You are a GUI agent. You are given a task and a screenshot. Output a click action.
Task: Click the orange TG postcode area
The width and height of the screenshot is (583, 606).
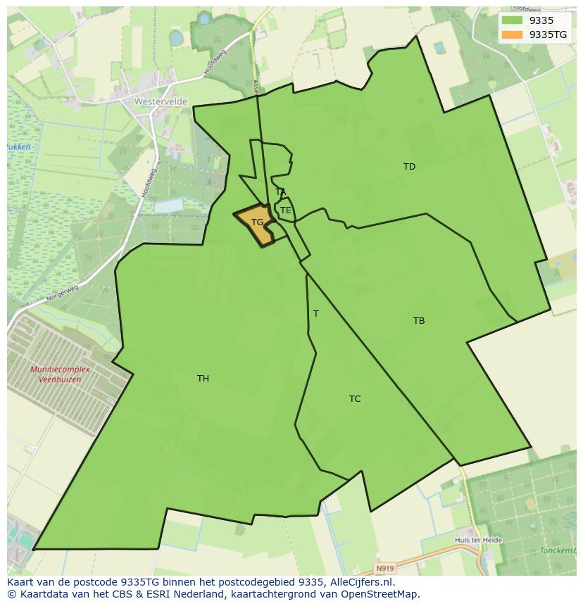[x=254, y=225]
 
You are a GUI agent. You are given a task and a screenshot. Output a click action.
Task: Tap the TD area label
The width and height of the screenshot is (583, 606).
[x=409, y=167]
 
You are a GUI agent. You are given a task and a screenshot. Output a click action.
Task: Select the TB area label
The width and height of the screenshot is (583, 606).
[x=419, y=321]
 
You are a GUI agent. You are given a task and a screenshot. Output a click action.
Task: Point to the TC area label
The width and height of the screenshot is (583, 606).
[x=355, y=399]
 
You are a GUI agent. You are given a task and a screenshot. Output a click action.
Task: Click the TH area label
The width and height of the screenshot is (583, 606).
[x=203, y=379]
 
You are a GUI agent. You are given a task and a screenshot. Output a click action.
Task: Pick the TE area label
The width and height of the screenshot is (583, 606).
[x=286, y=210]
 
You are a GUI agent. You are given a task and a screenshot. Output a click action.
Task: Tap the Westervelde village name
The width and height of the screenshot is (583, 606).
[x=161, y=101]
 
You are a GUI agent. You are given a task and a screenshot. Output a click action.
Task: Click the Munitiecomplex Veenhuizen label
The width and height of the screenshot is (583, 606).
[x=56, y=374]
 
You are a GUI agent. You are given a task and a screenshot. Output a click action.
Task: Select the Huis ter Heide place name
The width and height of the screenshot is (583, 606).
[x=479, y=540]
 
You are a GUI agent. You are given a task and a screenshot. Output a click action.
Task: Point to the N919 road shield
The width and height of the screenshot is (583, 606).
[x=384, y=568]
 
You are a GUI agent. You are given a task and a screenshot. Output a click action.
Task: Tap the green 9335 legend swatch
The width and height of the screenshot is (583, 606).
[x=512, y=20]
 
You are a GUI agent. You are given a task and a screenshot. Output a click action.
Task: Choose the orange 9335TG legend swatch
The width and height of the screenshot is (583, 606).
[x=512, y=34]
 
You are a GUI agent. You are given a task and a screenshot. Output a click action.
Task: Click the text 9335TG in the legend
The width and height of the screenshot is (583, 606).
[x=548, y=34]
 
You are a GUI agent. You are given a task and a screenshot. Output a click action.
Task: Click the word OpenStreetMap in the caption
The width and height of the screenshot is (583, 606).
[x=382, y=594]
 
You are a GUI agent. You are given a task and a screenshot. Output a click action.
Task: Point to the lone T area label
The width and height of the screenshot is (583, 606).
[x=315, y=314]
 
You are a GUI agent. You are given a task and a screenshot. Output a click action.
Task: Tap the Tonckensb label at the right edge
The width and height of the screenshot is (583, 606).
[x=558, y=550]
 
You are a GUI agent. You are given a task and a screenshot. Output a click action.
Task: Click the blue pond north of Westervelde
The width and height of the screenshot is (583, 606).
[x=175, y=37]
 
